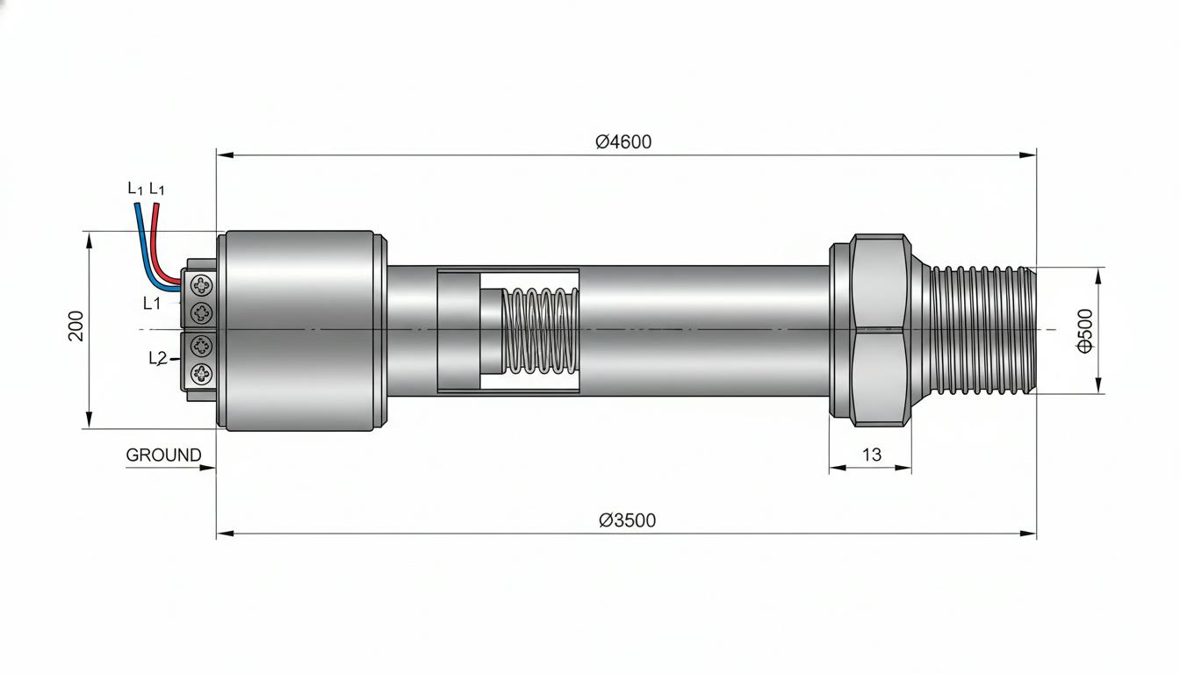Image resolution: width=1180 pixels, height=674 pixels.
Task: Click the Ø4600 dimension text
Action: tap(623, 141)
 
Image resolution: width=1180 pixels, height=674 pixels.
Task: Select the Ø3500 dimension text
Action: tap(628, 520)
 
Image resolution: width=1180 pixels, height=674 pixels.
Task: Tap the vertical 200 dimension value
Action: tap(76, 326)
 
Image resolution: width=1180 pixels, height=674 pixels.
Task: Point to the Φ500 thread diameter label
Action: tap(1085, 331)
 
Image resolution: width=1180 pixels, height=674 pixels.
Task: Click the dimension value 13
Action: tap(872, 455)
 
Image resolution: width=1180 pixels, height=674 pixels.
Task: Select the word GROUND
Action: tap(163, 455)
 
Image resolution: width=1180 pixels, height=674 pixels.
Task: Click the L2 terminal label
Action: tap(157, 359)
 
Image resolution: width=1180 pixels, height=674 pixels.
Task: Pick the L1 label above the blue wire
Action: tap(135, 189)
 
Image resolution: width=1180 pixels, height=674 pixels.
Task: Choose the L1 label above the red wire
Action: tap(156, 189)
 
